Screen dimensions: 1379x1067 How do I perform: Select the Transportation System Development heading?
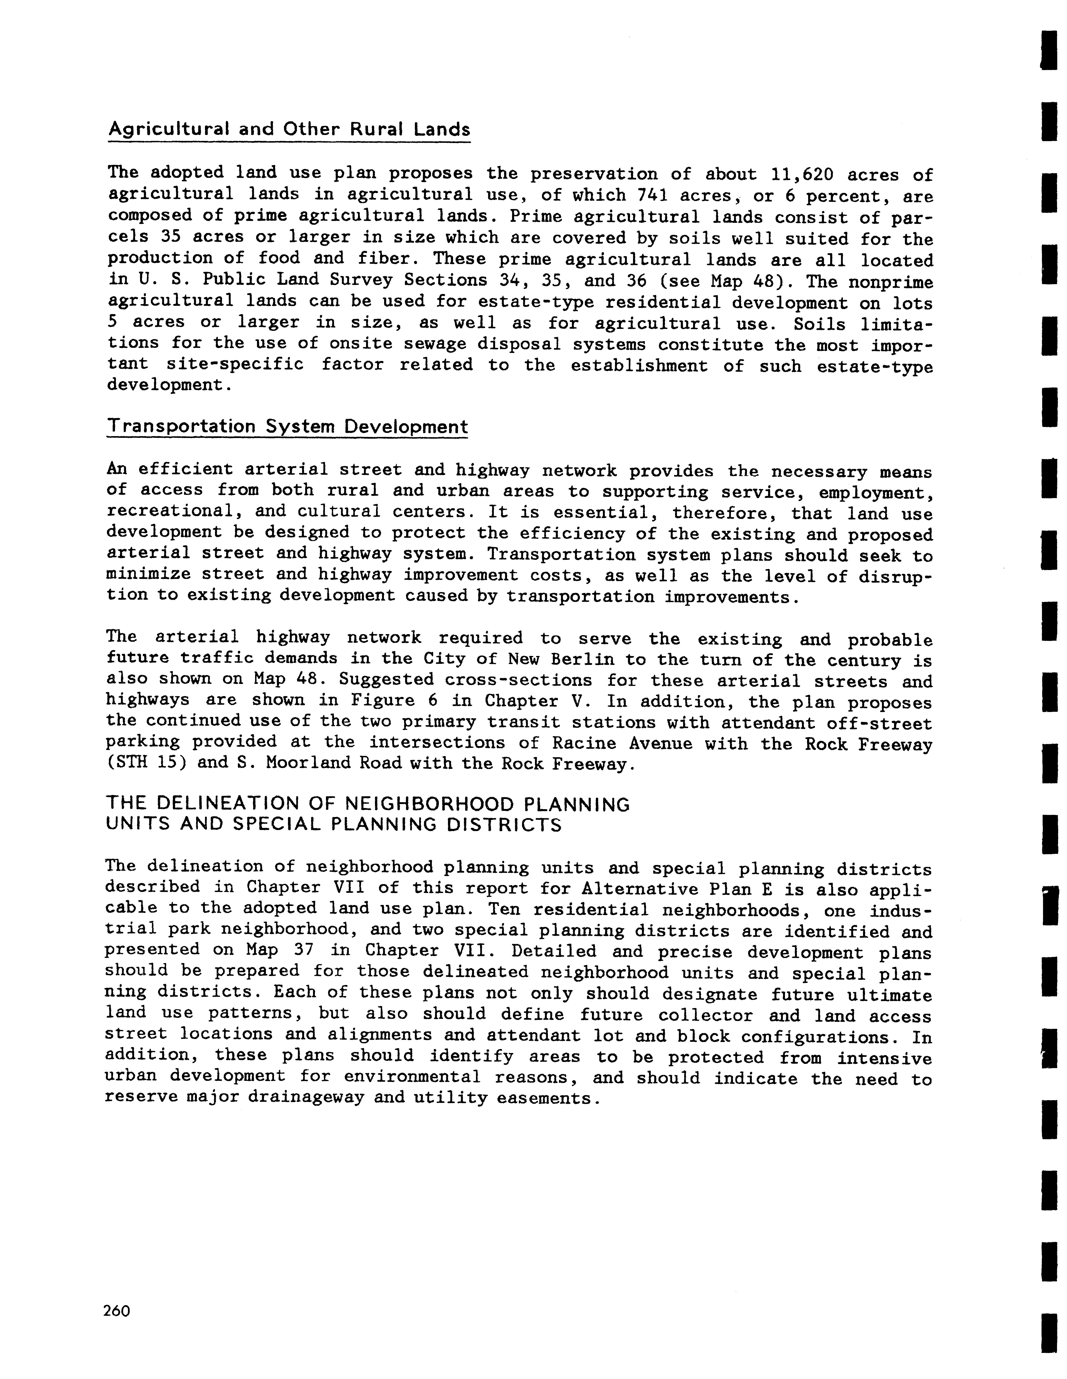[x=287, y=427]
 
